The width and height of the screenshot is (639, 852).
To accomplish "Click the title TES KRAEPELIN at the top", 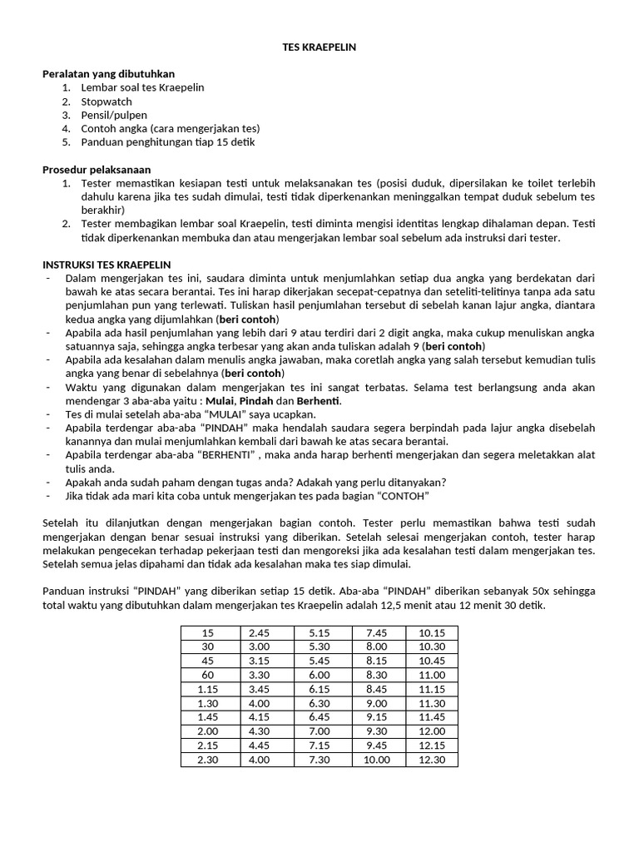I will pyautogui.click(x=319, y=47).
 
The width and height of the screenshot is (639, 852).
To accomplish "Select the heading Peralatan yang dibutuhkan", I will pyautogui.click(x=108, y=73).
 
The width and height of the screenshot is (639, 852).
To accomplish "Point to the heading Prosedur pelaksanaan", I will pyautogui.click(x=97, y=169).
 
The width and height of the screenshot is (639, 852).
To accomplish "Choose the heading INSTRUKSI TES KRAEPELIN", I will pyautogui.click(x=106, y=264).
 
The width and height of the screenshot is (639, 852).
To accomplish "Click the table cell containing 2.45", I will pyautogui.click(x=267, y=633).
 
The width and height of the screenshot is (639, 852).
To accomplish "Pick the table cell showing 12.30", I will pyautogui.click(x=432, y=760).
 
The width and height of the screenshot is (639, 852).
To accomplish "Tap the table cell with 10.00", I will pyautogui.click(x=377, y=760).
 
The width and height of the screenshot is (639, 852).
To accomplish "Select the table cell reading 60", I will pyautogui.click(x=208, y=675).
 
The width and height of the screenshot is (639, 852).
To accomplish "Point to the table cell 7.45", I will pyautogui.click(x=377, y=633).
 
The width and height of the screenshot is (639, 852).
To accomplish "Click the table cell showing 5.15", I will pyautogui.click(x=321, y=633).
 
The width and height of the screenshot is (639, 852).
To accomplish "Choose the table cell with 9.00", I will pyautogui.click(x=377, y=703).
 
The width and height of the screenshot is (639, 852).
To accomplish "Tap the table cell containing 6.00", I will pyautogui.click(x=321, y=675).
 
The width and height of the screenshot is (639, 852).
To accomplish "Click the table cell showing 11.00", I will pyautogui.click(x=432, y=675).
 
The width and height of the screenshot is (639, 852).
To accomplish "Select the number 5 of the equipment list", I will pyautogui.click(x=66, y=141).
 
